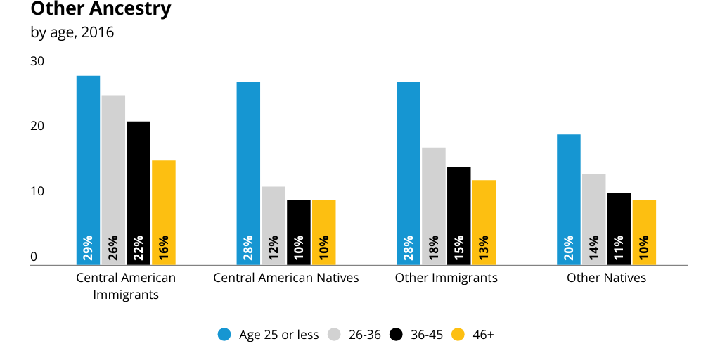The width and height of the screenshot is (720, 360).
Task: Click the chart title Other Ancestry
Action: point(101,10)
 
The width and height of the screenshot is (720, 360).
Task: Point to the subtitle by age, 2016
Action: point(72,32)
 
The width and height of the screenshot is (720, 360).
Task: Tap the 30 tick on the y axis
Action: point(37,62)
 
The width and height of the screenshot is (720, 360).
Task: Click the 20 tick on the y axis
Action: point(37,127)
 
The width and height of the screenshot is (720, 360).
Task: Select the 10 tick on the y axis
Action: point(37,192)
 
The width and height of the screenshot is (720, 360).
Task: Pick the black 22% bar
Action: point(139,193)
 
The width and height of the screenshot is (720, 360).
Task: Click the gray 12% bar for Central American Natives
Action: point(274,226)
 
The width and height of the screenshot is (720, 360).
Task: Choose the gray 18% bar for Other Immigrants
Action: point(434,206)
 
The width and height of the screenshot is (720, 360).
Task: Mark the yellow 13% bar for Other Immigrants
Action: point(484,222)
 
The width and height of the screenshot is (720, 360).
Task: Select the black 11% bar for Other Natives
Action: point(619,229)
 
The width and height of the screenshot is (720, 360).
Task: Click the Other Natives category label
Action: point(606,278)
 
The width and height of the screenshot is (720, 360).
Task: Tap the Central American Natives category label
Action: point(286,278)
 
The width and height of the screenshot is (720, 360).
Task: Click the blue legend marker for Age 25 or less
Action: point(224,335)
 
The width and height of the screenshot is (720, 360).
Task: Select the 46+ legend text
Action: point(482,335)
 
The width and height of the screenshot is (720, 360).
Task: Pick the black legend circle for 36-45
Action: point(397,335)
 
